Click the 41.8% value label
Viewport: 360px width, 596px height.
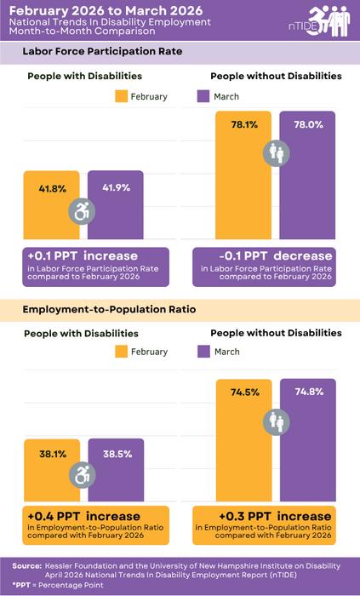[52, 187]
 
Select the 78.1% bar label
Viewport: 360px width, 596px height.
[243, 123]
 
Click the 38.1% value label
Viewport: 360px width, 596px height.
[52, 454]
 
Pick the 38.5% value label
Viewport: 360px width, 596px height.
[117, 454]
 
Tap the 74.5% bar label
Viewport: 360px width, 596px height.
[243, 392]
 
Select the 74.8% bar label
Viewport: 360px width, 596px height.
[307, 392]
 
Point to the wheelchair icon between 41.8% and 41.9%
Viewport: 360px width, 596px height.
[84, 211]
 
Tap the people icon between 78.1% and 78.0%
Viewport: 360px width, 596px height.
[277, 153]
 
